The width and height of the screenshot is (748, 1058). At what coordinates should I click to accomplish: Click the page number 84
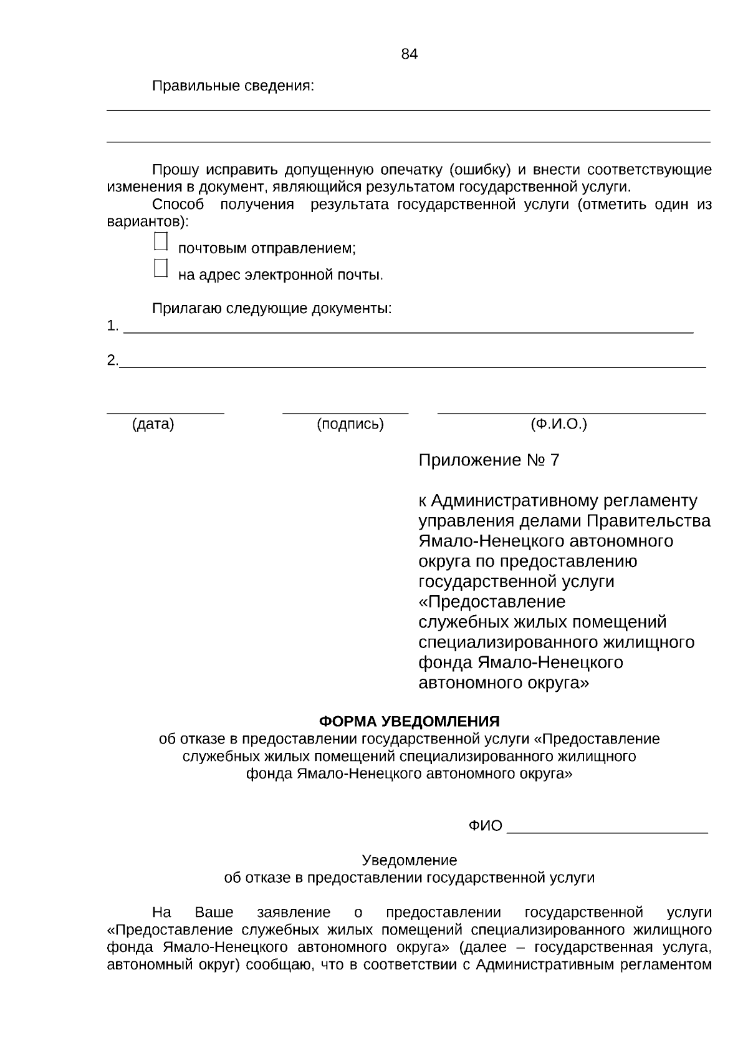click(x=409, y=54)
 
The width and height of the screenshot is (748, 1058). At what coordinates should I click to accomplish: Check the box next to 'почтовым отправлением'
click(x=161, y=241)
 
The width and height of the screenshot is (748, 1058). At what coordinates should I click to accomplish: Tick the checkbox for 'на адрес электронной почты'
click(x=161, y=268)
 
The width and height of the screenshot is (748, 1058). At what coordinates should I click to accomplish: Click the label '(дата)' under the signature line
click(x=153, y=424)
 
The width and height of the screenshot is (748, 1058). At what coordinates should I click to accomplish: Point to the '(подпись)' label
click(x=350, y=424)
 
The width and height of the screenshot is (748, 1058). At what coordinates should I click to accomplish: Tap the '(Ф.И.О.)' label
click(x=559, y=424)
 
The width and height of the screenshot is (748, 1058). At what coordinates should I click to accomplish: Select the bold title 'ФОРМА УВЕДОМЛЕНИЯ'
click(x=409, y=721)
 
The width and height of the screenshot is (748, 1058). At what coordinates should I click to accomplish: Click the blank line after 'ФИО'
click(x=607, y=831)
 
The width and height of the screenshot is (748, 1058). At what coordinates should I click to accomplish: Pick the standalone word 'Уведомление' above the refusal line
click(x=409, y=860)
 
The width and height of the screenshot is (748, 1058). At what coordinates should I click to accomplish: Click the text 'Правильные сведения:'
click(x=233, y=86)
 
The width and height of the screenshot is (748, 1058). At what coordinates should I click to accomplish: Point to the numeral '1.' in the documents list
click(x=112, y=326)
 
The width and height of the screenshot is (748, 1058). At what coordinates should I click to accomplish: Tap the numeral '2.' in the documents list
click(x=112, y=361)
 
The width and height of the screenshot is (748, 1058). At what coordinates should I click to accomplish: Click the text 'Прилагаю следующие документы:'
click(x=272, y=308)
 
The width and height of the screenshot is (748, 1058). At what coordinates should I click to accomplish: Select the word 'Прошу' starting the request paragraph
click(x=176, y=170)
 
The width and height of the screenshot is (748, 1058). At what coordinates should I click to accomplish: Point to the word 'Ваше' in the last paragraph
click(x=214, y=913)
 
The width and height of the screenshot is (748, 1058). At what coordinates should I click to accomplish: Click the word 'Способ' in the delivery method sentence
click(x=178, y=205)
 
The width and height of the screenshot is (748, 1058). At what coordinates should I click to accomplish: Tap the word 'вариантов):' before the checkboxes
click(x=147, y=221)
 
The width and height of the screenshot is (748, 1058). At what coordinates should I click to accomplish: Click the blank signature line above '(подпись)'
click(x=345, y=412)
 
